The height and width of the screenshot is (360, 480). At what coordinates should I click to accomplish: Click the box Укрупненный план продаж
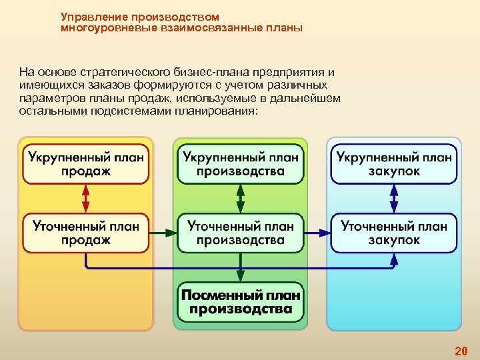coord(86,164)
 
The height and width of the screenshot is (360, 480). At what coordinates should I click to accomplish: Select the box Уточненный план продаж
coord(86,233)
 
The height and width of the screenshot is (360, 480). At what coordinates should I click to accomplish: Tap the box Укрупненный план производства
coord(240,164)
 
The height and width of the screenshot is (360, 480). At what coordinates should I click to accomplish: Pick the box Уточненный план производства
coord(240,233)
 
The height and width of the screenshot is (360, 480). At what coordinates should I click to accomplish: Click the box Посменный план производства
coord(240,301)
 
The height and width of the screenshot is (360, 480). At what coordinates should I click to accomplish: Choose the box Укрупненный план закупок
coord(394,164)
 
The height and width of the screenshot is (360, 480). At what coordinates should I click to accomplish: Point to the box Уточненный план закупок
coord(394,233)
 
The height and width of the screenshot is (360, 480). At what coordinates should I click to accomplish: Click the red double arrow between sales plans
coord(86,198)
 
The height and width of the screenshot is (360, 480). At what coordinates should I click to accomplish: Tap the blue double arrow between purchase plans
coord(394,198)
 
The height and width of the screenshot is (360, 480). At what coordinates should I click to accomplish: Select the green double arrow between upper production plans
coord(240,198)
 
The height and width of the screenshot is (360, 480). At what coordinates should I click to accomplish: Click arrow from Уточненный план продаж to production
coord(163,233)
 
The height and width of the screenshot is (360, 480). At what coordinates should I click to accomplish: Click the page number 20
coord(461,351)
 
